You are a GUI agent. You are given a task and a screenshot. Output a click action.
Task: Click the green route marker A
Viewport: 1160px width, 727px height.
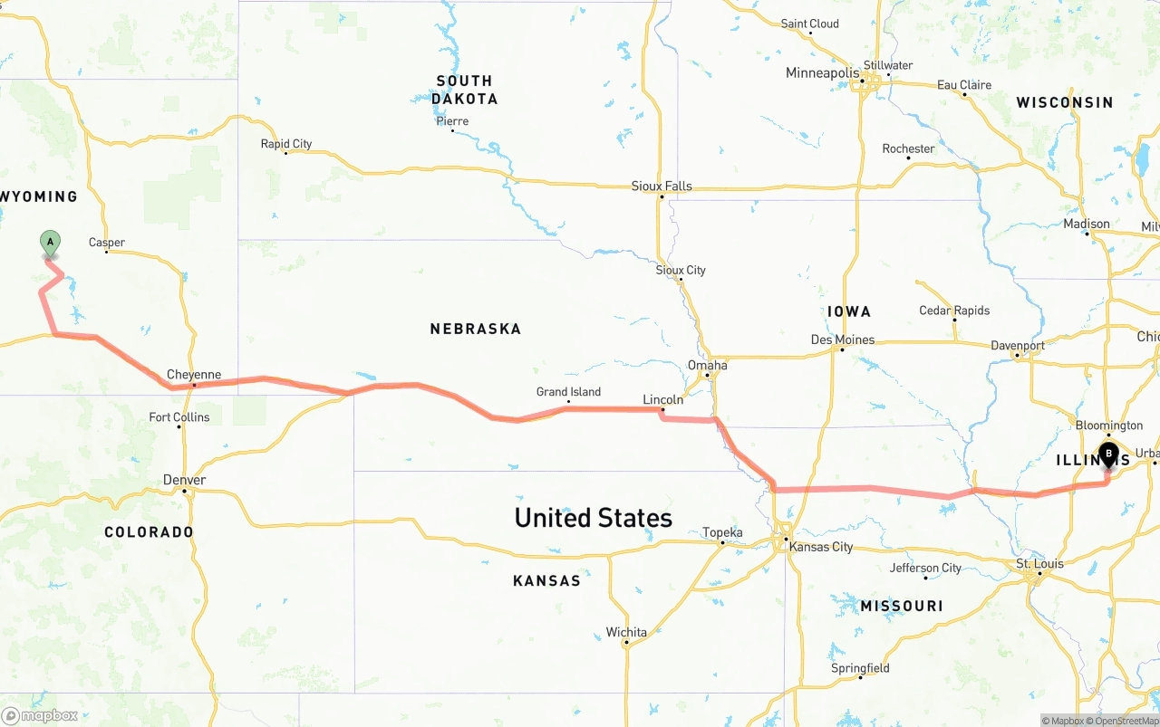pyautogui.click(x=51, y=243)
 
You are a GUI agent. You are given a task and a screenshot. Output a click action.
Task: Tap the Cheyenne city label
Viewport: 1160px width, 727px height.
pyautogui.click(x=194, y=375)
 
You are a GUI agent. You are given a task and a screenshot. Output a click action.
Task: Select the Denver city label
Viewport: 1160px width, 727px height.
pyautogui.click(x=184, y=480)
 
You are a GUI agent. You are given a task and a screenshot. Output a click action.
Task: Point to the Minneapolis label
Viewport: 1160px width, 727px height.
pyautogui.click(x=822, y=72)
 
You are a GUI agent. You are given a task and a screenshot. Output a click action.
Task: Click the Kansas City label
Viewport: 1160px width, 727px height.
pyautogui.click(x=821, y=547)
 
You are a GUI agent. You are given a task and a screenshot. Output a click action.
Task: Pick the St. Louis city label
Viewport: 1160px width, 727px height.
pyautogui.click(x=1039, y=564)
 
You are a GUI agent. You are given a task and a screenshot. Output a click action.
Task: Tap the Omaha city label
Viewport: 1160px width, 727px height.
pyautogui.click(x=707, y=366)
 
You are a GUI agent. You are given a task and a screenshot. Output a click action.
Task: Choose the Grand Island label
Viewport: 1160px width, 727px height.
pyautogui.click(x=568, y=392)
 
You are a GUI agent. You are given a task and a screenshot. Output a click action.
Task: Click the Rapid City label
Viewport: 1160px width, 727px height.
pyautogui.click(x=286, y=144)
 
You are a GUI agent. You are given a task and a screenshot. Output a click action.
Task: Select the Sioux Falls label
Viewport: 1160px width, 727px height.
pyautogui.click(x=662, y=187)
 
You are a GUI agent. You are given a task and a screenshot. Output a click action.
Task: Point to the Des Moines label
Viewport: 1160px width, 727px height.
pyautogui.click(x=842, y=340)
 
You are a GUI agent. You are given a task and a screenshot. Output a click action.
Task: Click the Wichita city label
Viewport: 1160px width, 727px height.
pyautogui.click(x=626, y=633)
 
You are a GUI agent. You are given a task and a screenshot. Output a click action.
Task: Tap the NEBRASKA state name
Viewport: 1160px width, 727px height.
pyautogui.click(x=476, y=329)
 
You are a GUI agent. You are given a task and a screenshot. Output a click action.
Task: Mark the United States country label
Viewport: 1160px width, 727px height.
pyautogui.click(x=593, y=518)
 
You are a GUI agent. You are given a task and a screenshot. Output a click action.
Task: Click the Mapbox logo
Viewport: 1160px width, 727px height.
pyautogui.click(x=40, y=715)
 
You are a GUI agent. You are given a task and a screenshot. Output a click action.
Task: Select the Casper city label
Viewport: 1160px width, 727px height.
pyautogui.click(x=107, y=243)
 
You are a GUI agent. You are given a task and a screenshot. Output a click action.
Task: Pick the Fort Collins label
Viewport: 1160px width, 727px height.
pyautogui.click(x=179, y=417)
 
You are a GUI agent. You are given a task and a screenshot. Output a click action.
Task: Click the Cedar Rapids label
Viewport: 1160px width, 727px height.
pyautogui.click(x=954, y=311)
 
